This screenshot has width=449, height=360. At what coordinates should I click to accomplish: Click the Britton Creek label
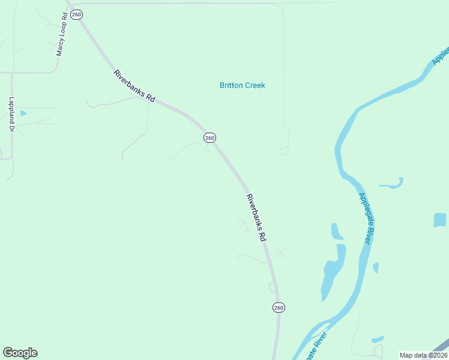tap(242, 85)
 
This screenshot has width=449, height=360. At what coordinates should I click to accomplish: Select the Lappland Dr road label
tap(11, 114)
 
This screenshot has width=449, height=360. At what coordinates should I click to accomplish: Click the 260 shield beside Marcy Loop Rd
tap(76, 14)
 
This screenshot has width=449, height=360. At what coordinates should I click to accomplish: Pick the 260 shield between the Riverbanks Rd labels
tap(209, 138)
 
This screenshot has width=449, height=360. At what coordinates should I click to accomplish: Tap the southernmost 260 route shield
tap(279, 307)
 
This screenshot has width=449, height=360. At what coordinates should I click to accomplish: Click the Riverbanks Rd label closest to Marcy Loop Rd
tap(134, 86)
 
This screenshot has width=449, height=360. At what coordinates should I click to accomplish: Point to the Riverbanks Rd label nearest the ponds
tap(256, 217)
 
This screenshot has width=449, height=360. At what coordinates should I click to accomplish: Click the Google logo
tap(20, 353)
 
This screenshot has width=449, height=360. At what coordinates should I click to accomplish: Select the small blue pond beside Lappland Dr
tap(23, 113)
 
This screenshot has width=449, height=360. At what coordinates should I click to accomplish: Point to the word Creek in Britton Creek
tap(255, 85)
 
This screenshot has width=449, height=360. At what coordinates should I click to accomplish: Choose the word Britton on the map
tap(231, 85)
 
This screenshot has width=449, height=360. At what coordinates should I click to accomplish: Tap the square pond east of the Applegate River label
tap(440, 220)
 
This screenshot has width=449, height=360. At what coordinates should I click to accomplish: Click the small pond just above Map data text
tap(377, 340)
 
